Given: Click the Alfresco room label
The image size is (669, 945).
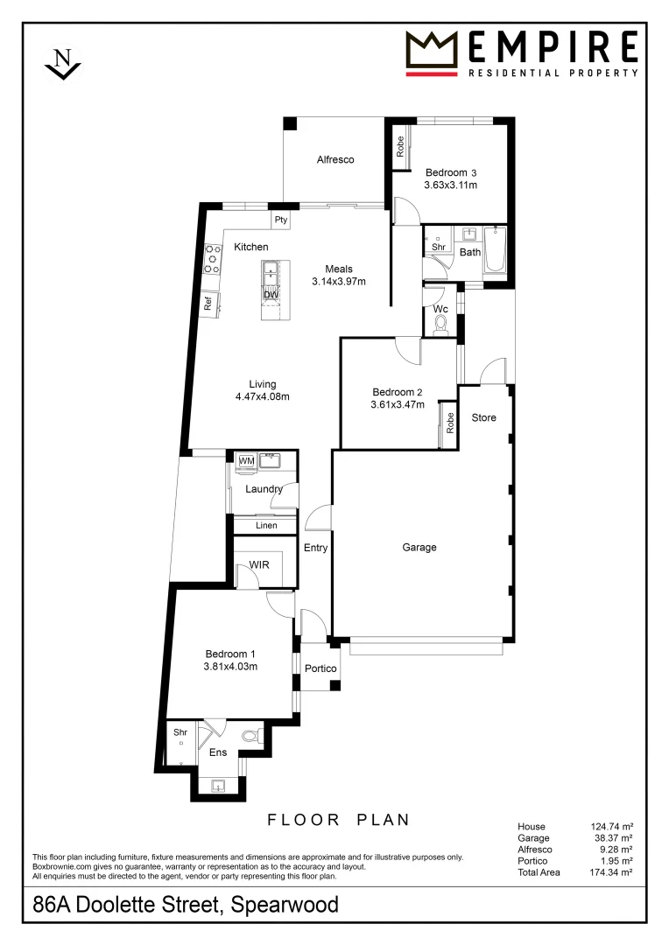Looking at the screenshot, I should [334, 160].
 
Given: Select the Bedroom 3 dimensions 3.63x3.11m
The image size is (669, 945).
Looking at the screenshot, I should [451, 185].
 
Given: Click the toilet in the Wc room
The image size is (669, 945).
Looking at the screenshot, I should [440, 325].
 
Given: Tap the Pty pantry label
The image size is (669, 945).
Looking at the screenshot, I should [281, 220].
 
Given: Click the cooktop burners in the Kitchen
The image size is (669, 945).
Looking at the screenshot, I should [212, 259].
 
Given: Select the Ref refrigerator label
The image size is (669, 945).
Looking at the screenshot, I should [208, 304].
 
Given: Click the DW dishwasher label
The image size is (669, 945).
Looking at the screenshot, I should [271, 295].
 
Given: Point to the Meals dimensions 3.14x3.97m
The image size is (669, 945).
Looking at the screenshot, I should [338, 282].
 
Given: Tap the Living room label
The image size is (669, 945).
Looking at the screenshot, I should [262, 384].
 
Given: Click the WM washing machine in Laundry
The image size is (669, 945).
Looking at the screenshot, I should [246, 460].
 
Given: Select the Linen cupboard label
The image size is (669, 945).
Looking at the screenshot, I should [266, 526].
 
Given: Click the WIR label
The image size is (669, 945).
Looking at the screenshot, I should [259, 565].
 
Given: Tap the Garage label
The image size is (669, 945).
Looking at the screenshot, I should [419, 548].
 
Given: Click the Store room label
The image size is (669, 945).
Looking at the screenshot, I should [483, 417].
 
